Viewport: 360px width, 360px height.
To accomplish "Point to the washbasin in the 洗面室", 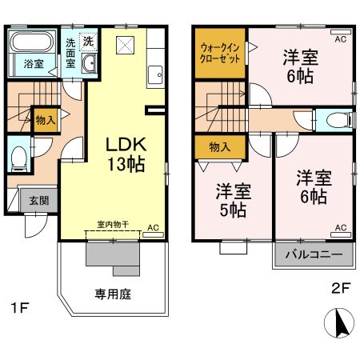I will click(x=88, y=63).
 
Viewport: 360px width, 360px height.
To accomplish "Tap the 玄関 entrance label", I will click(x=38, y=200).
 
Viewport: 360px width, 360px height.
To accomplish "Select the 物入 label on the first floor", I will click(x=45, y=121).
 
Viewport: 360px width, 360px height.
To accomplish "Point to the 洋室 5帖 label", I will click(x=232, y=201).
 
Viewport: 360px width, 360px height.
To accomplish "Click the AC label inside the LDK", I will click(x=153, y=228).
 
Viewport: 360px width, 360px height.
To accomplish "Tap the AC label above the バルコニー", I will click(x=340, y=228).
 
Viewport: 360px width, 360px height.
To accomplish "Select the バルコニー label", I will click(x=314, y=255).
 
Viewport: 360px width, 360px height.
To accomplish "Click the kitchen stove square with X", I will click(x=124, y=43).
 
